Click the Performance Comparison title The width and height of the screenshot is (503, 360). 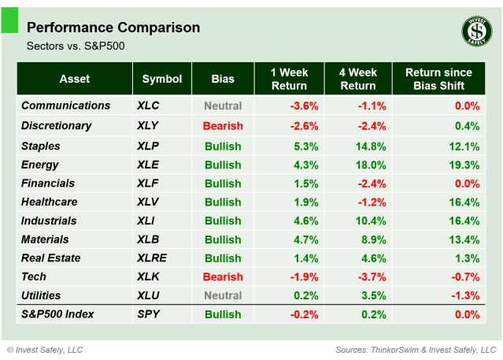point(113,28)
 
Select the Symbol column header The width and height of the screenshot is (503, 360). point(162,79)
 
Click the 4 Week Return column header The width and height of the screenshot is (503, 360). point(357,79)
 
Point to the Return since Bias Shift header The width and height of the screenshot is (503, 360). point(439,79)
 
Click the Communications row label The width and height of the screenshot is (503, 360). point(65,106)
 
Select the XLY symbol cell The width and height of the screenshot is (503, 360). point(146,125)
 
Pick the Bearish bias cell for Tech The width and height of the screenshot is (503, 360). point(223,277)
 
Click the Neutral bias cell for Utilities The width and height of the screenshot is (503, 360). point(223,295)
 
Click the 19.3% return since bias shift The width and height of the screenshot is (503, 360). point(464,165)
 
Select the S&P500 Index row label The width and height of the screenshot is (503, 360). point(57,314)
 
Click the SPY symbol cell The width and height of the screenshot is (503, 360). point(146,314)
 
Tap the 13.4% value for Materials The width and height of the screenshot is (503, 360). point(464,239)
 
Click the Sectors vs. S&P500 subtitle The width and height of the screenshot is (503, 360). point(76,46)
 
